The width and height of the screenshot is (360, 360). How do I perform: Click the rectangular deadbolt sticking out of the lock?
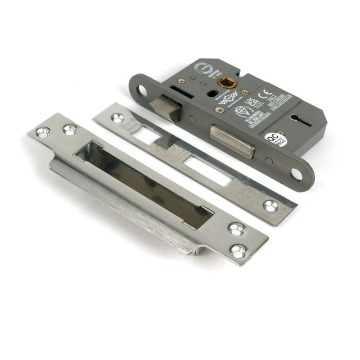[x=232, y=141]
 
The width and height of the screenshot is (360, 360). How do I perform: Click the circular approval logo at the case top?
[x=201, y=69]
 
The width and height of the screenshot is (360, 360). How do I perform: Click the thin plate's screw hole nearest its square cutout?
[x=117, y=118]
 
